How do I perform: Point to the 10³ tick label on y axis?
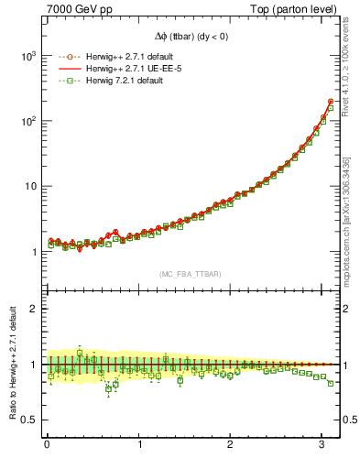(x=28, y=56)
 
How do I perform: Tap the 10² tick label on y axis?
(x=28, y=121)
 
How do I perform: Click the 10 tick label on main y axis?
(x=30, y=186)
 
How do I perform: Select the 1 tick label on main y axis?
(x=35, y=252)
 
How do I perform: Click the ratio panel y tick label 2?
(x=35, y=309)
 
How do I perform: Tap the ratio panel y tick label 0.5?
(x=30, y=420)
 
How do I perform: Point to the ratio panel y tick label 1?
(x=35, y=365)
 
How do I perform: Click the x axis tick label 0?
(x=48, y=445)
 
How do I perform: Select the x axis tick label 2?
(x=231, y=445)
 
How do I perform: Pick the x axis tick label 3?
(x=322, y=445)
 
